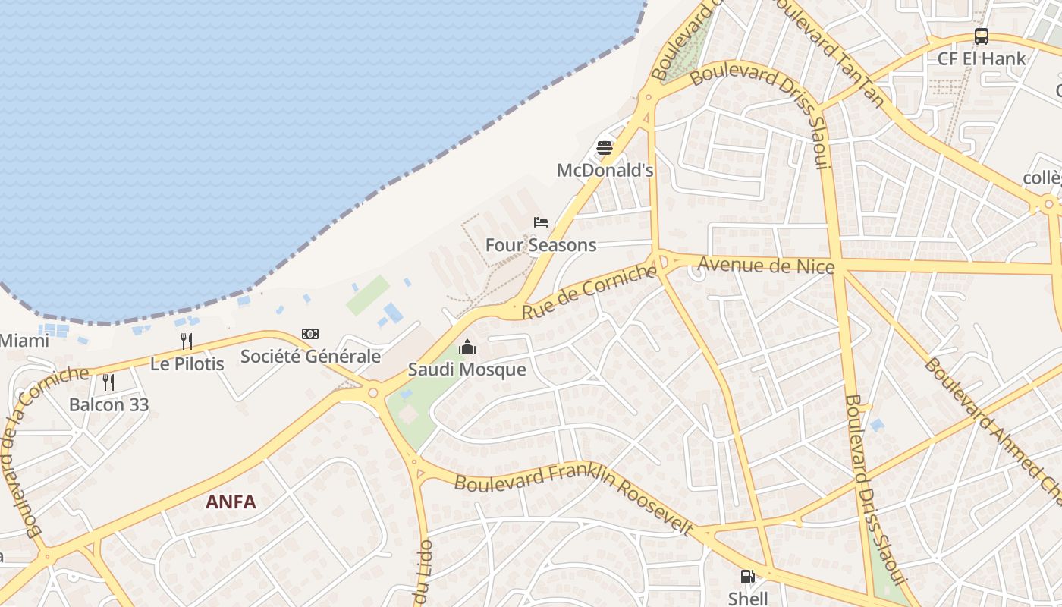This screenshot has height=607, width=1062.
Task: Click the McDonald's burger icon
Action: coord(605,148)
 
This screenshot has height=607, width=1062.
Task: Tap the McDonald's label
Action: coord(605,170)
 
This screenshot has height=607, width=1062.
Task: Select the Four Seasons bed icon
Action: coord(541,222)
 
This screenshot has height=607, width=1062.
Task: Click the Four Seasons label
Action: coord(541,245)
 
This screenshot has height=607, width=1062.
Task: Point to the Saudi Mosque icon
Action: coord(467,348)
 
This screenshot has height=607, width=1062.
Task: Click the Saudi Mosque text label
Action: coord(467,370)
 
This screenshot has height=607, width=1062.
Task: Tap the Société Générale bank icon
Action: coord(310,334)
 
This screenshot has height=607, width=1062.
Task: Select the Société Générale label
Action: coord(310,356)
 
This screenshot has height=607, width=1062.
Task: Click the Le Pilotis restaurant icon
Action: coord(187,341)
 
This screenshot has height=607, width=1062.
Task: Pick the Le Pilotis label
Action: coord(187,363)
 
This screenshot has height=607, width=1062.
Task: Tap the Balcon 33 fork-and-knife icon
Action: coord(108,382)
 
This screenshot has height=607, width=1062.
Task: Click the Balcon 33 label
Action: coord(108,404)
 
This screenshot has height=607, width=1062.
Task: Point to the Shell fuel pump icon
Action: coord(748,577)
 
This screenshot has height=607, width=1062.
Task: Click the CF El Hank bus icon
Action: coord(982,36)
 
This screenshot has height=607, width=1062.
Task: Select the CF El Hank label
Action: coord(982,58)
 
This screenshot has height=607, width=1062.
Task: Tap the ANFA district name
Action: coord(231,502)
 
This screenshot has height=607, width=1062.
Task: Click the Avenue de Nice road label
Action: coord(766,266)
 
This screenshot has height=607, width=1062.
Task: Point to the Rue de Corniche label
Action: coord(589,291)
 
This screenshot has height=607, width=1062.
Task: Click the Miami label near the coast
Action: coord(24,340)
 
